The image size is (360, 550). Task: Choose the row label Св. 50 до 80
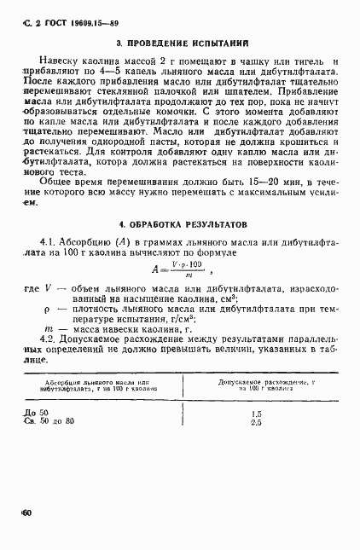pyautogui.click(x=50, y=421)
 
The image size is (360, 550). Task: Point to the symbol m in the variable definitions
pyautogui.click(x=45, y=327)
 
